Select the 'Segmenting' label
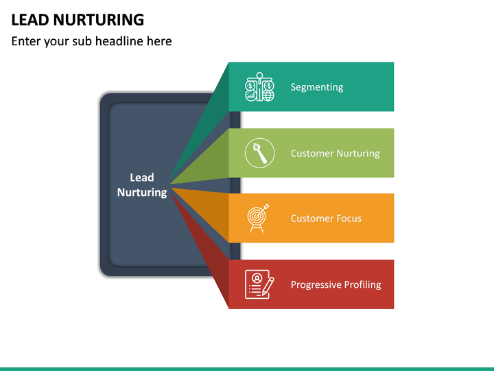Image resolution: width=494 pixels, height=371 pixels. click(x=317, y=87)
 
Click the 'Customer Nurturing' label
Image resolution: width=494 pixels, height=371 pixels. click(x=335, y=153)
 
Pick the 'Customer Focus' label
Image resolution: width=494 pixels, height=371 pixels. click(x=326, y=218)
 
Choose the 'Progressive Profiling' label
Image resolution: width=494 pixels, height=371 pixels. click(x=336, y=284)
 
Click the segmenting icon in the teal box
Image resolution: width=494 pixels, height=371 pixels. click(x=260, y=87)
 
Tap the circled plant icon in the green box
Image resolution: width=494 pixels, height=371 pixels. click(x=260, y=153)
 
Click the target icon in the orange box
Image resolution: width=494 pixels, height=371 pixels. click(x=258, y=218)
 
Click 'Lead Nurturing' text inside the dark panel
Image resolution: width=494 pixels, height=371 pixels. click(x=142, y=185)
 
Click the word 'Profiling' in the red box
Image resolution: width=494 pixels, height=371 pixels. click(x=362, y=284)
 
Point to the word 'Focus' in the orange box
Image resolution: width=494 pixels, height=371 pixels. click(x=349, y=218)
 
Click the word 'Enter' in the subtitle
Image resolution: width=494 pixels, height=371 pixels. click(x=25, y=41)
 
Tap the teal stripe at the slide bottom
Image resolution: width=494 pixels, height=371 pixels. click(x=247, y=368)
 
